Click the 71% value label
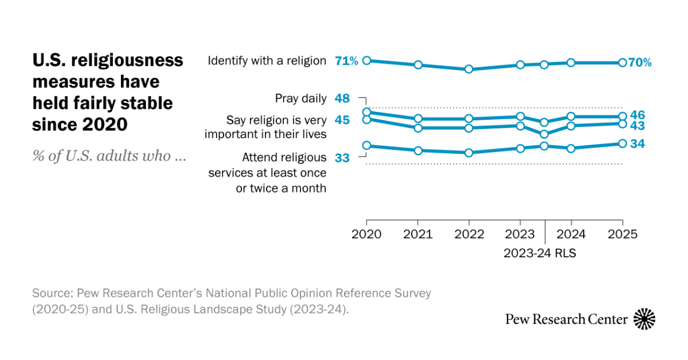(346, 61)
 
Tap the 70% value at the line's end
(640, 63)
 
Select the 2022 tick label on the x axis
(468, 234)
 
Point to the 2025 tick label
(622, 234)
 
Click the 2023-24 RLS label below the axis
(540, 253)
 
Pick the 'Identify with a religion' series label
(267, 61)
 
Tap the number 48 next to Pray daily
(342, 99)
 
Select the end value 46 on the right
(638, 115)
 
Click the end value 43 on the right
(638, 126)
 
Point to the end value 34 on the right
(638, 144)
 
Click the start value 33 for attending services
(342, 158)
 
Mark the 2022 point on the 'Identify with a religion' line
(468, 69)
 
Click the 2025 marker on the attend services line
(622, 144)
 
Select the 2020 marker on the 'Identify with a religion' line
(367, 60)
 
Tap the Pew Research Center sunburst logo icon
(644, 319)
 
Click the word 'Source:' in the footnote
(50, 294)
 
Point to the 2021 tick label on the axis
(417, 234)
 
